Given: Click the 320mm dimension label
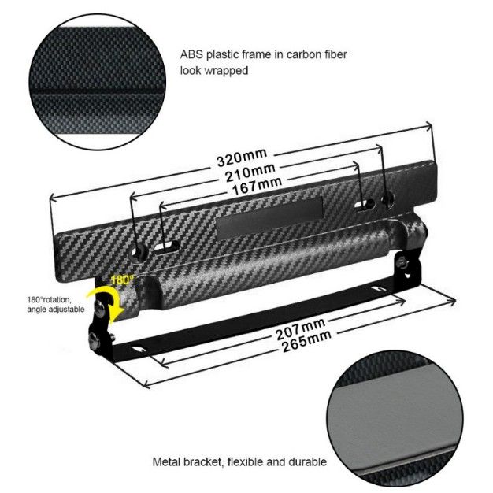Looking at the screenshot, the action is tap(242, 157).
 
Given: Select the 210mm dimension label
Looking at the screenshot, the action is tap(250, 172).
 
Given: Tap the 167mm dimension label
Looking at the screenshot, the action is tap(257, 186).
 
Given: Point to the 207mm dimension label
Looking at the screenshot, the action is tap(300, 329).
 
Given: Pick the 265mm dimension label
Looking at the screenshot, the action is tap(306, 341).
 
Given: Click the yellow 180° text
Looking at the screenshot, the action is tap(122, 280).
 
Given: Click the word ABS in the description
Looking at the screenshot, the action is tap(191, 54).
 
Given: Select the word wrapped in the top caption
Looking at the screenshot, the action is tap(226, 71).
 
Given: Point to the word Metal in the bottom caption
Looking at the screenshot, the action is tap(166, 461).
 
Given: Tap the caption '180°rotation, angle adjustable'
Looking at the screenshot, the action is tap(56, 304).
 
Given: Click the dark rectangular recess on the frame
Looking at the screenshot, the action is tap(270, 217).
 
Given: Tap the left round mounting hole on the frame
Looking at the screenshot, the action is tap(139, 251).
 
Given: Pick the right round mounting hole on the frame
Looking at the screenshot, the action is tap(387, 199).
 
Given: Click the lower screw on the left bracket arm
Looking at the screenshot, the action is tap(95, 338).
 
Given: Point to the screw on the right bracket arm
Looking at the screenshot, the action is tap(402, 261).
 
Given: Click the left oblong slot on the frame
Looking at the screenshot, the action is tap(167, 246).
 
